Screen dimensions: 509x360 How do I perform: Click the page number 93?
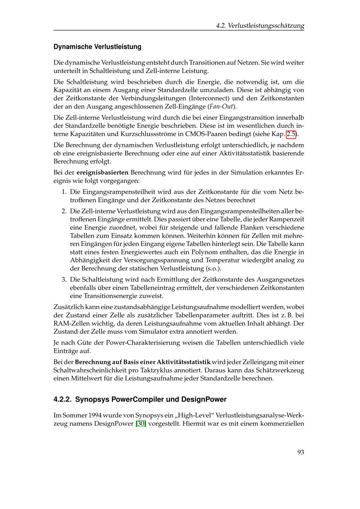[300, 452]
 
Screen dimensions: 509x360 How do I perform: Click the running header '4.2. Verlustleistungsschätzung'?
[260, 26]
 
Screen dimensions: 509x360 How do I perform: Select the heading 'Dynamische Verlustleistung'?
[97, 47]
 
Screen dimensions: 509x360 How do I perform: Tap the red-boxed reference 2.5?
[291, 135]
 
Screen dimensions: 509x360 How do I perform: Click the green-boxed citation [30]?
[141, 423]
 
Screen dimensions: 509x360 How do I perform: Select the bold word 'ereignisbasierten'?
[103, 172]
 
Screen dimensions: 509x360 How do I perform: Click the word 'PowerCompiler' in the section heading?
[135, 400]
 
